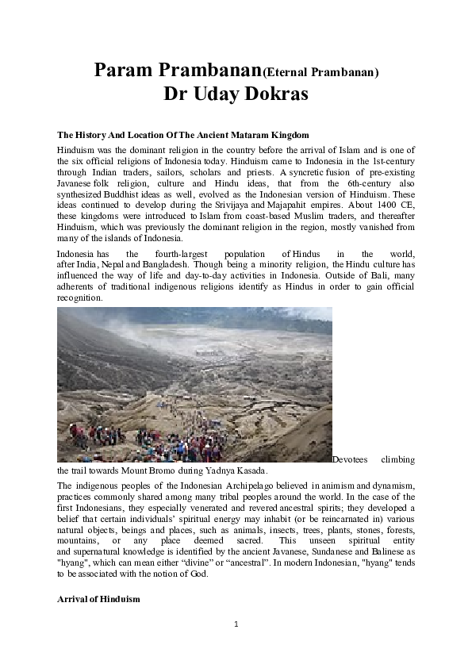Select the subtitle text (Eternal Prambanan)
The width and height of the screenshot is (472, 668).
(320, 72)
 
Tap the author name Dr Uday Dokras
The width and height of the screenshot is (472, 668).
(236, 94)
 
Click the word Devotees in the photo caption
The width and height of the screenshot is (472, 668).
(351, 459)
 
